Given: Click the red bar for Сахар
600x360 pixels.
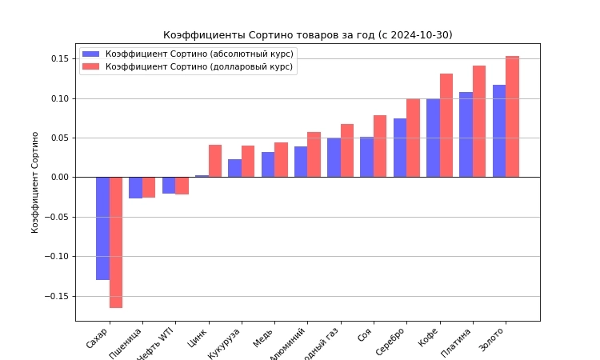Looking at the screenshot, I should pos(116,242).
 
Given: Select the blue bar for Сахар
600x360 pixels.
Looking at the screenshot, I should pos(102,228).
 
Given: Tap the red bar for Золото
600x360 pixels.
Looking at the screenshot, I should pos(512,117).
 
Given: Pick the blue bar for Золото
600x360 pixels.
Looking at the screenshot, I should pos(499,131).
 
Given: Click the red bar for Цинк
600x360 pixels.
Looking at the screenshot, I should pos(215,161).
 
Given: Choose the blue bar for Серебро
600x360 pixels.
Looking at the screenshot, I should pos(400,148).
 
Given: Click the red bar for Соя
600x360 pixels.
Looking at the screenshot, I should pos(380,146).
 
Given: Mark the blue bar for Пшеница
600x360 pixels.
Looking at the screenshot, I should pos(135,187).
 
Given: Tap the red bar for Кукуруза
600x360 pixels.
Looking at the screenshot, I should pos(248,162).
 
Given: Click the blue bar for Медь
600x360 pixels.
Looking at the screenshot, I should pos(268,165).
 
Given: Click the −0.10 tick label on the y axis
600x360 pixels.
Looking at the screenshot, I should pos(58,257).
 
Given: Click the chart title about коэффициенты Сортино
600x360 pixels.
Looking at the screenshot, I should pos(307,35).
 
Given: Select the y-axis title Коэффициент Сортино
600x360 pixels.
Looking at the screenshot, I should pos(35,182).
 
